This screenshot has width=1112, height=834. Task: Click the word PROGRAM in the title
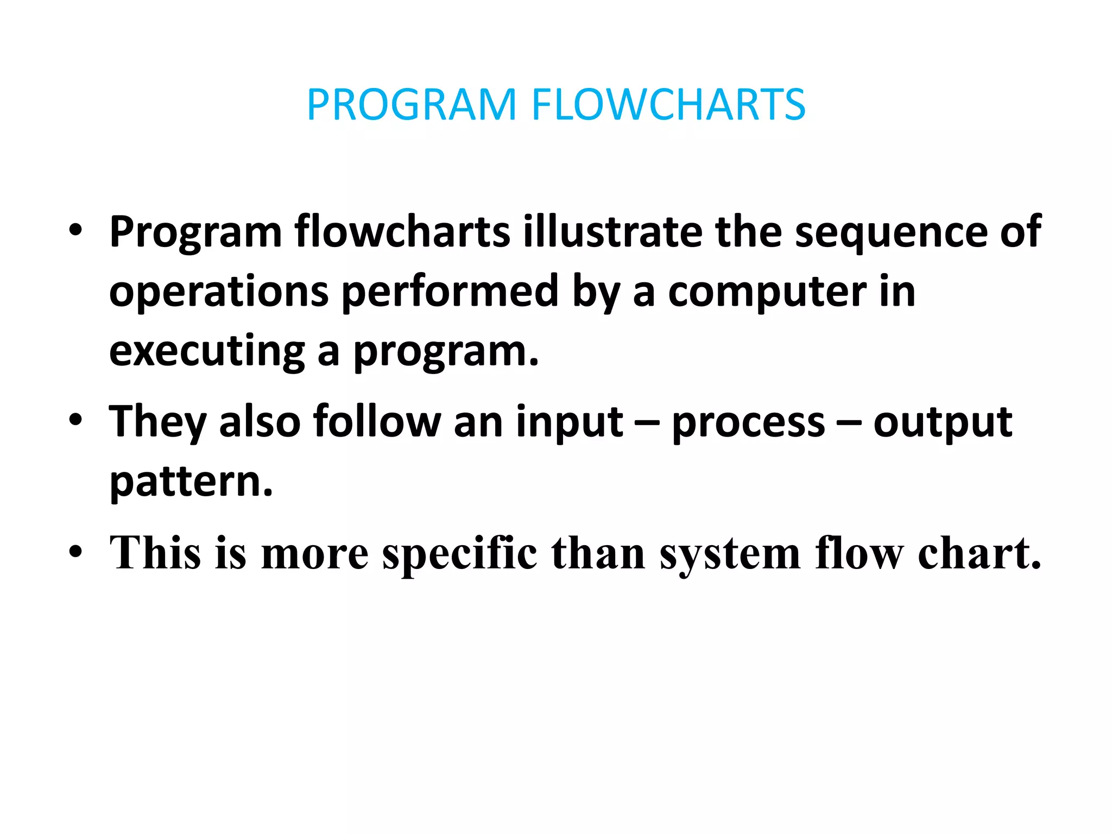(411, 104)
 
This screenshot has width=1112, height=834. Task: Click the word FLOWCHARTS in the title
(668, 104)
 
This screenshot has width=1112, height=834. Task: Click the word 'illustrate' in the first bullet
(612, 232)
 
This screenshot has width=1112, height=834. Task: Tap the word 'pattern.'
(191, 482)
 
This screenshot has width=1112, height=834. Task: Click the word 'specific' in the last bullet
(459, 554)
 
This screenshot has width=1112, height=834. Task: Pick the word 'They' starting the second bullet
(157, 422)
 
